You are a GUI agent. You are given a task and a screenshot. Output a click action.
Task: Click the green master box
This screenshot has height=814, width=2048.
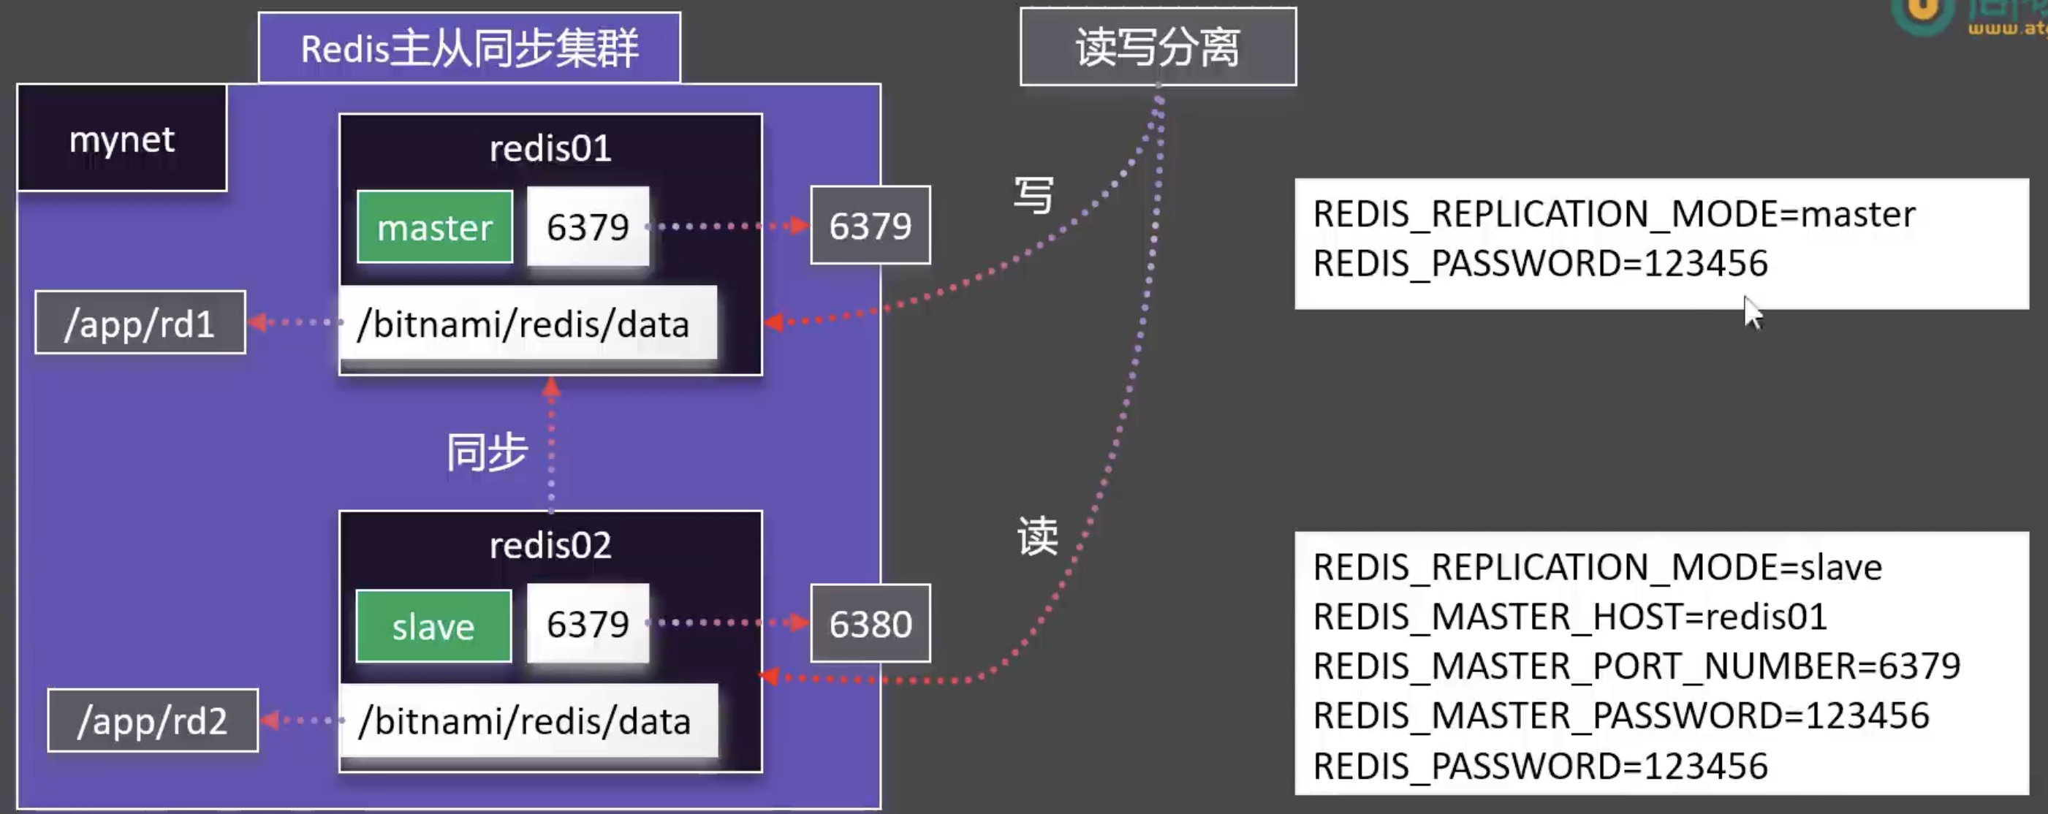click(434, 227)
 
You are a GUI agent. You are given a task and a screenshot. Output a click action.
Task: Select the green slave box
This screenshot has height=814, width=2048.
click(433, 626)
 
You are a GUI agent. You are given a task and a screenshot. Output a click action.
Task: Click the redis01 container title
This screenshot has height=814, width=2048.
click(550, 148)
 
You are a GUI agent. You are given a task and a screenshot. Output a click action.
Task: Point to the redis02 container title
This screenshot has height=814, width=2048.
click(550, 545)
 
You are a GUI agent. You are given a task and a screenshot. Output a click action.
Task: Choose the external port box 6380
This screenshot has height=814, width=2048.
click(870, 623)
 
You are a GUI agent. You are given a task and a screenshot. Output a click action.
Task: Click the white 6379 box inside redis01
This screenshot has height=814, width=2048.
click(588, 227)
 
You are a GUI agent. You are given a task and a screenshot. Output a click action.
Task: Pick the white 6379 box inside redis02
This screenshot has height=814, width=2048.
click(588, 624)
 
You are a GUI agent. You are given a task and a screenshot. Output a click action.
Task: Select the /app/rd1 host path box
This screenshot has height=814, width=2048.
click(140, 323)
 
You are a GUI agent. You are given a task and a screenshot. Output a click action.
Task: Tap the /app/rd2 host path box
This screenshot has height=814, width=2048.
click(153, 720)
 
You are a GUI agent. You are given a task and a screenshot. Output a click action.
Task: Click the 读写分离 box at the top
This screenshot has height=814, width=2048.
click(1158, 47)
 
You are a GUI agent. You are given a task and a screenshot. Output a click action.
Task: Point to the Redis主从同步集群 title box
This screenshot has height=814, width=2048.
click(469, 47)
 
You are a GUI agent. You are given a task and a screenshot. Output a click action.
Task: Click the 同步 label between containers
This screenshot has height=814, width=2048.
click(487, 452)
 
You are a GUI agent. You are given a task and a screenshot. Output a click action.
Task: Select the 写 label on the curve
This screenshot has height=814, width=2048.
click(1034, 195)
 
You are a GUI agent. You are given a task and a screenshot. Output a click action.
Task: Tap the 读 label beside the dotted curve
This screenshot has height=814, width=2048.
click(1037, 536)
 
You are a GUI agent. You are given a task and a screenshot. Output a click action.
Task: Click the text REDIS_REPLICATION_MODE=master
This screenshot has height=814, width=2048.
click(1614, 214)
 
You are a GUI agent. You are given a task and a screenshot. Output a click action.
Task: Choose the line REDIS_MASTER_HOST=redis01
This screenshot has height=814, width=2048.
click(1570, 617)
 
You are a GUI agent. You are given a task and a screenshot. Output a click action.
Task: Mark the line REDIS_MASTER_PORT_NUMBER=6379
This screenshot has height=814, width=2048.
click(1636, 666)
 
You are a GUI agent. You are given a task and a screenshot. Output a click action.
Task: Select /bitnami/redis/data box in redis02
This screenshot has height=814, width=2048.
click(528, 721)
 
